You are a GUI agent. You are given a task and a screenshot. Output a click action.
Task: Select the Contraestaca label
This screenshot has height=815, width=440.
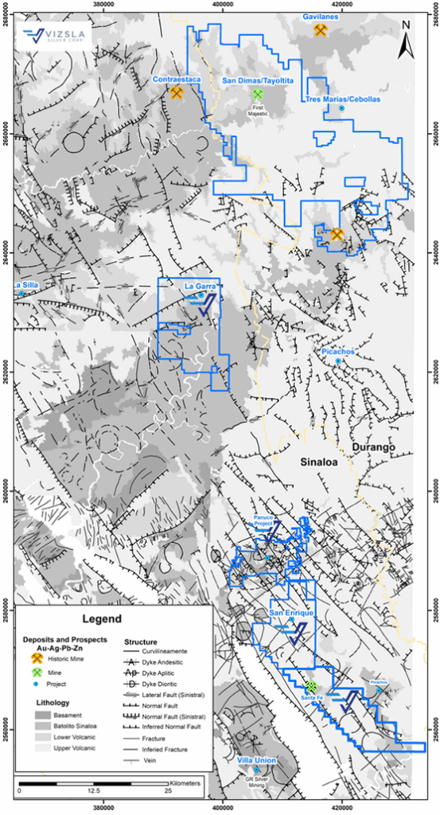(x=176, y=80)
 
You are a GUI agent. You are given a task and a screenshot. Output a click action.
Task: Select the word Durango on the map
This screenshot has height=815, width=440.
(x=375, y=448)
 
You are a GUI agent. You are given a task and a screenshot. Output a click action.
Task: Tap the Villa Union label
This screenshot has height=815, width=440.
(x=257, y=761)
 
